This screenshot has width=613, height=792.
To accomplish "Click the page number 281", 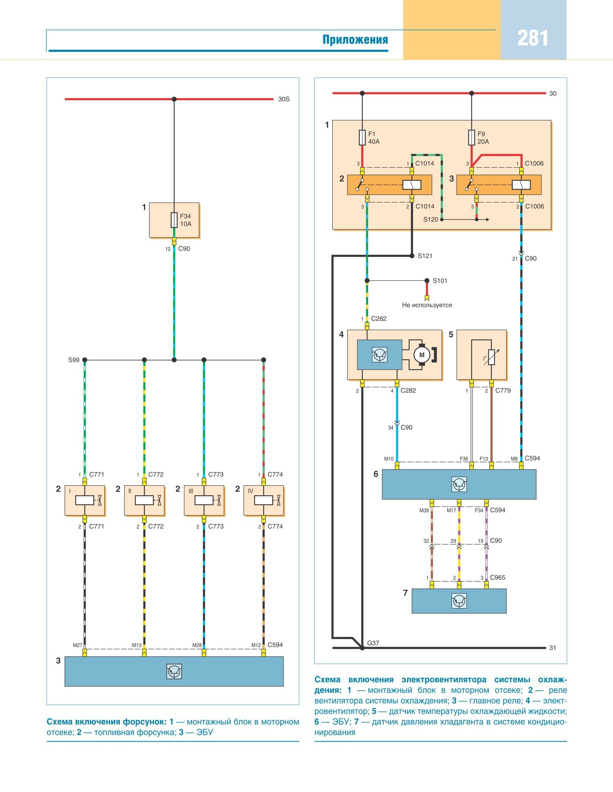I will coord(532,38).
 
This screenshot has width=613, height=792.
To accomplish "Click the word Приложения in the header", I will coord(355,39).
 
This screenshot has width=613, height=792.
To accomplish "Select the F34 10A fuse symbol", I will coord(174,220).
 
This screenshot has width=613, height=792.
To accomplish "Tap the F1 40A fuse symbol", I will coord(362,138).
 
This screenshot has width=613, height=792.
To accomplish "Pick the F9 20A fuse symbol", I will coord(471,138).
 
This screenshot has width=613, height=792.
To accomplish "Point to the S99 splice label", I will coord(74,360).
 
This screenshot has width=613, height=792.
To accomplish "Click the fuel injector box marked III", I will coord(204,500).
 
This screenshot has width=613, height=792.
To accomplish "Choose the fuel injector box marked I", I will coord(85,500).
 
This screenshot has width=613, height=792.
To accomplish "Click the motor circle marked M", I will coord(422,355).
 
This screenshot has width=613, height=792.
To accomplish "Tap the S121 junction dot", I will coord(412,256).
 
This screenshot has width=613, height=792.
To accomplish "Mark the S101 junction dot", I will coord(427,281).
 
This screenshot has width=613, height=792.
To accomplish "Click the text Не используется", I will coord(427,305).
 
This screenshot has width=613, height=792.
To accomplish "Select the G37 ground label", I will coord(373,643).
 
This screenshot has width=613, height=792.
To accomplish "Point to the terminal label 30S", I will coord(284,99).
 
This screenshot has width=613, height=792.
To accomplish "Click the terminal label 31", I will coord(553,648).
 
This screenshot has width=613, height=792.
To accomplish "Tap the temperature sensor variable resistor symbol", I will coord(491,357).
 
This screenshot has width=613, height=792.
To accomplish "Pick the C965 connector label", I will coord(498,577).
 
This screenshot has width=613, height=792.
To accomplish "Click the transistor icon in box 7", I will coord(459,601).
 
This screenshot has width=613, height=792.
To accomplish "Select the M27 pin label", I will coord(77,645).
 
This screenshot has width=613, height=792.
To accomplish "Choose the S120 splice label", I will coord(431,219).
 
